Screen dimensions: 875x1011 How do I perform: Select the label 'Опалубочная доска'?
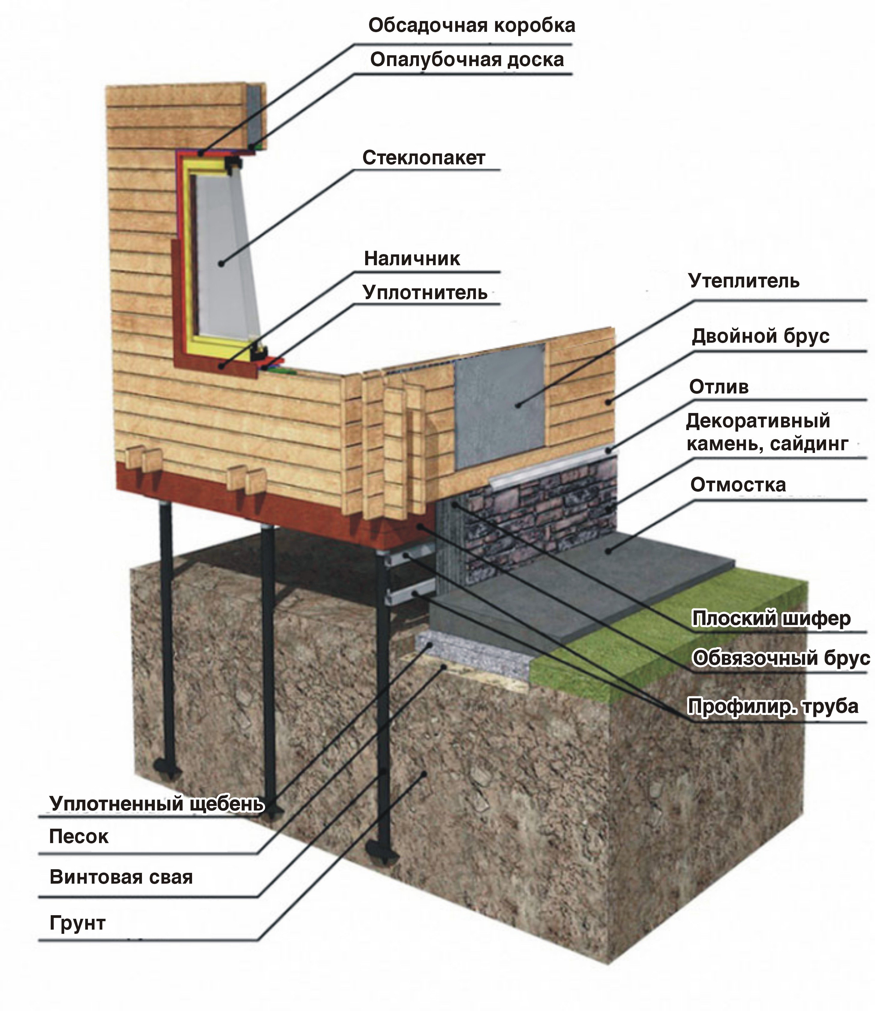pyautogui.click(x=467, y=59)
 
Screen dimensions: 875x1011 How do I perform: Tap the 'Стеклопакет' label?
pyautogui.click(x=423, y=157)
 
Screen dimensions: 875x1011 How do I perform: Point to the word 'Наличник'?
pyautogui.click(x=412, y=258)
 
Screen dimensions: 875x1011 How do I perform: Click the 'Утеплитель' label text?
pyautogui.click(x=744, y=281)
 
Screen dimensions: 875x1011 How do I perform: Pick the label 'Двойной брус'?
pyautogui.click(x=760, y=336)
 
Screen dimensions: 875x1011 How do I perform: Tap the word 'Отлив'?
pyautogui.click(x=719, y=387)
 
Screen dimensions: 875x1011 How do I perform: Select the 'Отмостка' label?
pyautogui.click(x=738, y=485)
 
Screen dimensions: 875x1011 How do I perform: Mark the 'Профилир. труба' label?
pyautogui.click(x=773, y=706)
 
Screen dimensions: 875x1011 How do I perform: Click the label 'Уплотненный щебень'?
pyautogui.click(x=157, y=803)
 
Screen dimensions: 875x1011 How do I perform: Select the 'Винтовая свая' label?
pyautogui.click(x=121, y=877)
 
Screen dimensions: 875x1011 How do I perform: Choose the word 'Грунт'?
pyautogui.click(x=78, y=923)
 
